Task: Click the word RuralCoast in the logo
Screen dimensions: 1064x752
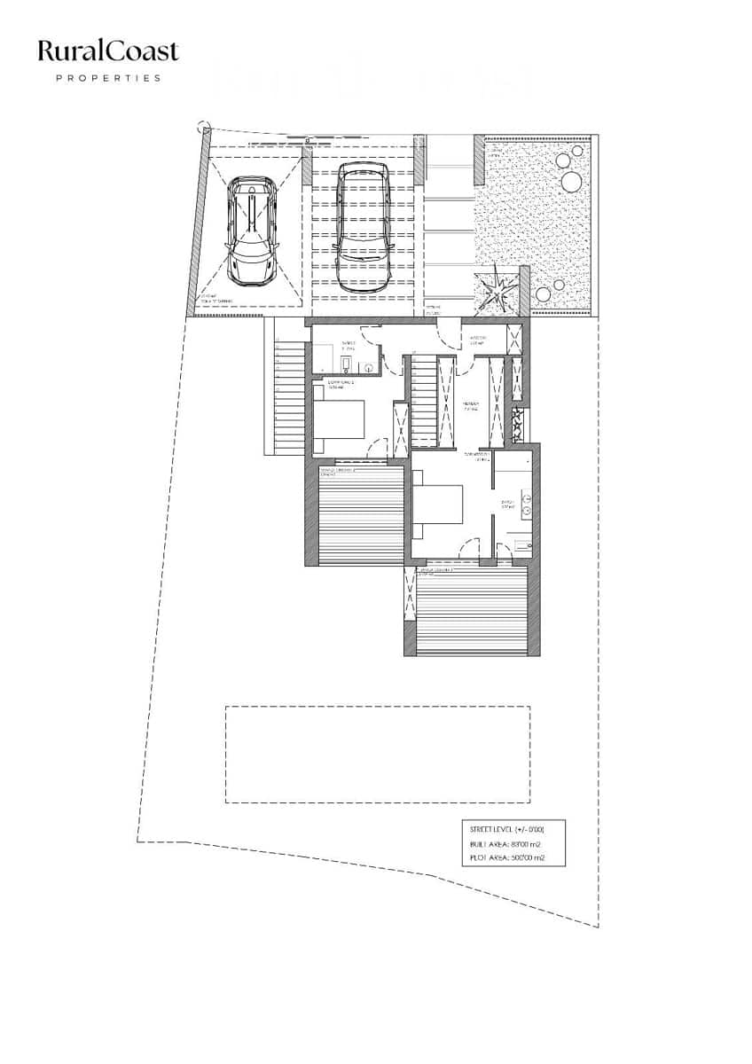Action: (108, 51)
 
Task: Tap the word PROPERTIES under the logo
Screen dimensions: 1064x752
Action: (108, 78)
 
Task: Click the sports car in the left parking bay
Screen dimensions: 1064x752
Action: (252, 228)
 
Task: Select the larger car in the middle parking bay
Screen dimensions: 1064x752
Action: (364, 229)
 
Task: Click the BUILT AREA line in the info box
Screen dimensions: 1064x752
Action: (505, 843)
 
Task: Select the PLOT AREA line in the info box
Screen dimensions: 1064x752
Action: (505, 858)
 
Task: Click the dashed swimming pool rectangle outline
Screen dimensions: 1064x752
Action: (377, 754)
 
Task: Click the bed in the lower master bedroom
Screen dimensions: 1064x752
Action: (438, 512)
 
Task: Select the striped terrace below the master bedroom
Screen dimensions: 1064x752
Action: (471, 613)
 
